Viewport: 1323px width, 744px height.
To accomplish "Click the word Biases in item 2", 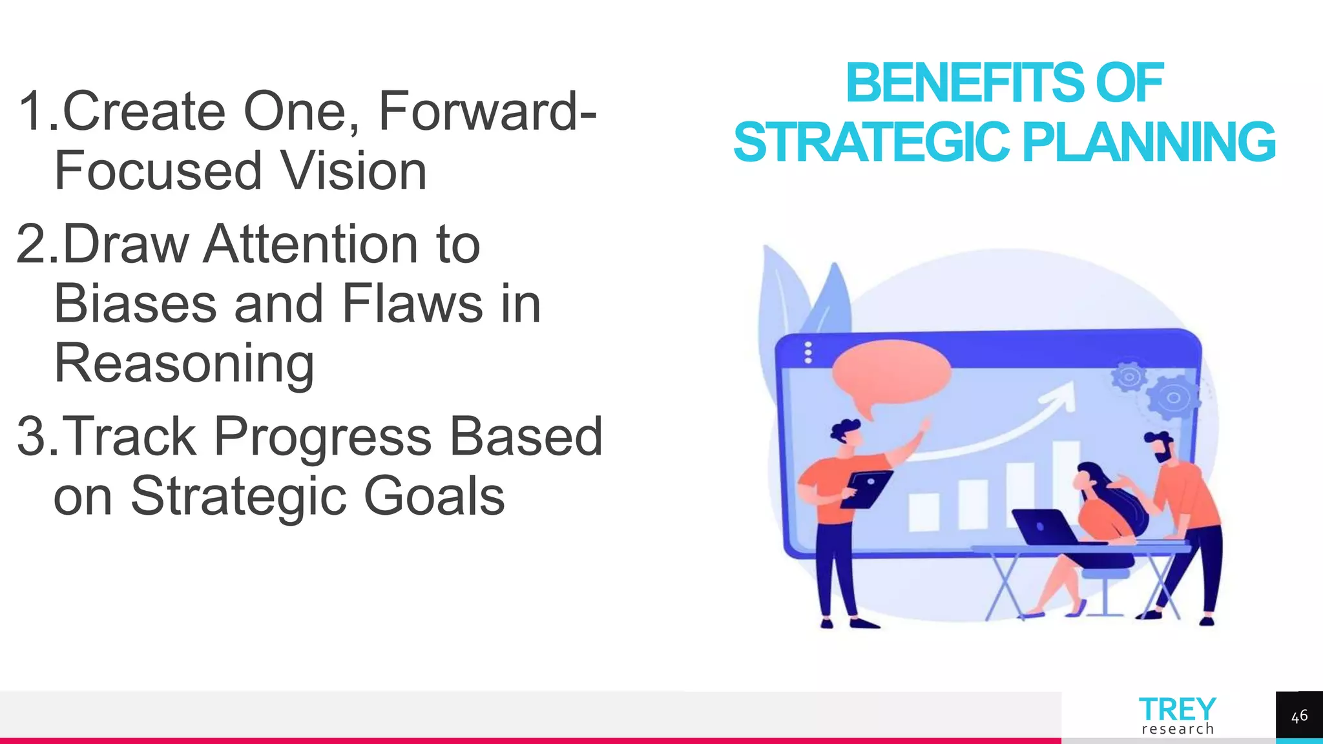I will click(135, 304).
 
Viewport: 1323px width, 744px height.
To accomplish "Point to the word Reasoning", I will click(184, 364).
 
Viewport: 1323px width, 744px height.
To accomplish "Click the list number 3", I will click(33, 437).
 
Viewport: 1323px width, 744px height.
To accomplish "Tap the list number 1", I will click(33, 112).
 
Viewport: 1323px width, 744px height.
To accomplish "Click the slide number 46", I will click(1299, 716).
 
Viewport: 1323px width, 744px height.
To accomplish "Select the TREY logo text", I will click(1177, 710).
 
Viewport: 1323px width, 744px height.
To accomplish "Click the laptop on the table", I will click(1043, 526).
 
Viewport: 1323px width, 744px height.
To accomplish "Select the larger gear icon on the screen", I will click(1172, 397).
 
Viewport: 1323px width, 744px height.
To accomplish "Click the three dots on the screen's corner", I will click(807, 353).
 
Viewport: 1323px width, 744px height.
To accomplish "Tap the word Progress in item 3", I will click(322, 437).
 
